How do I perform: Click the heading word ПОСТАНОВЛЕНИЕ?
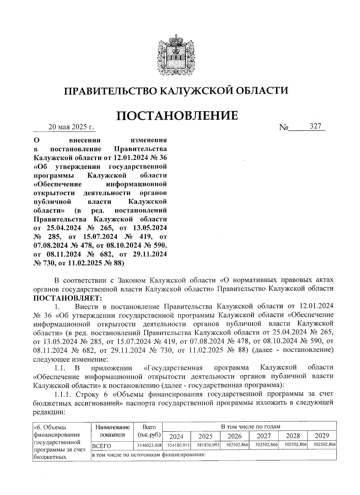point(177,115)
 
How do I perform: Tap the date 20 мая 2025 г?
point(71,127)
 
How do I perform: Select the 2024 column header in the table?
point(176,436)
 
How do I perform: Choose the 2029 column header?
point(322,436)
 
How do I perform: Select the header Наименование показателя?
point(112,431)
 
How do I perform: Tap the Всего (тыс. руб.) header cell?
point(149,431)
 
